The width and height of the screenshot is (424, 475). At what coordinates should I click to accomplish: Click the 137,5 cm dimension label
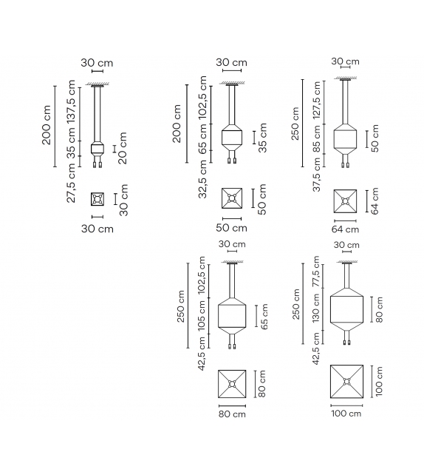click(x=72, y=105)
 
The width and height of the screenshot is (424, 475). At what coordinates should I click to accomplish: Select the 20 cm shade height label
click(x=123, y=147)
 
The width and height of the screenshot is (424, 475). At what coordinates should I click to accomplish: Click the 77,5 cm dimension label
click(x=317, y=274)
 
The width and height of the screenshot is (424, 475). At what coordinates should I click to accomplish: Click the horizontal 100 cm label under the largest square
click(x=346, y=414)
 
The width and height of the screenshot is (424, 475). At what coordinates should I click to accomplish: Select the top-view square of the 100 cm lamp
click(x=346, y=383)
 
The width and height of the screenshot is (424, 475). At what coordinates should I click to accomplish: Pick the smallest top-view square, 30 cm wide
click(x=97, y=199)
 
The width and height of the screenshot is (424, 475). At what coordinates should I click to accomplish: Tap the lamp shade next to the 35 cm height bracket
click(x=232, y=138)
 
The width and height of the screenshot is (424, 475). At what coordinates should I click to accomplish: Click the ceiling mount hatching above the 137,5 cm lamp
click(x=97, y=86)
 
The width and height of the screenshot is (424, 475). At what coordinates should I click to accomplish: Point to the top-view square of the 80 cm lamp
click(x=232, y=384)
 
